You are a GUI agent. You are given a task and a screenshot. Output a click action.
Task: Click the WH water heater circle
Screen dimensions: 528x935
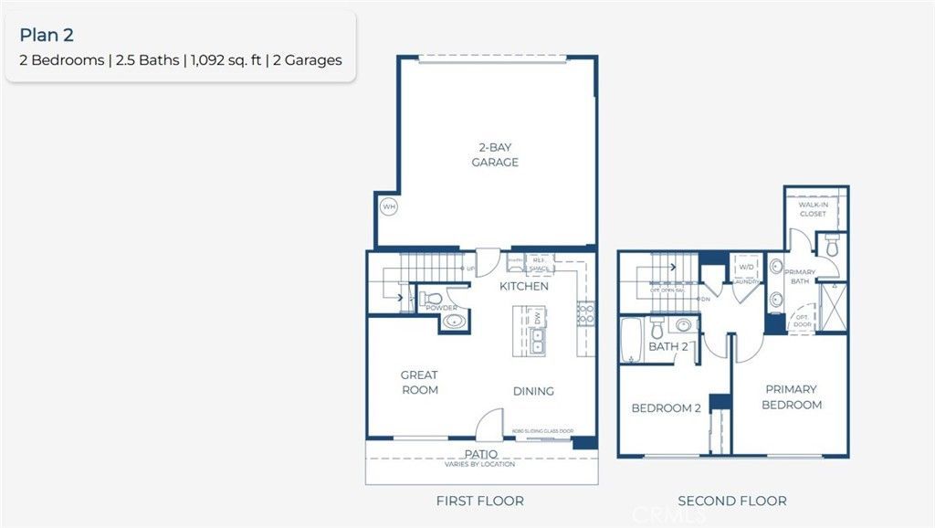coord(389,207)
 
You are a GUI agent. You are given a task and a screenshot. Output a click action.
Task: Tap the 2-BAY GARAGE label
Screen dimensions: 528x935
coord(495,155)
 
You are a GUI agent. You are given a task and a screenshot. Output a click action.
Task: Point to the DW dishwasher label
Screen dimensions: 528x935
coord(538,318)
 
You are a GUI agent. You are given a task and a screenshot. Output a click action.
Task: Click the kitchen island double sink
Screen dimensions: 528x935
coord(538,341)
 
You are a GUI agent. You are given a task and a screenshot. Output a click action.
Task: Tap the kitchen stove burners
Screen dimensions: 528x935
coord(585,315)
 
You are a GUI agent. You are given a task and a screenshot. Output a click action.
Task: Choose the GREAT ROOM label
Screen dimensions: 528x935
coord(419,382)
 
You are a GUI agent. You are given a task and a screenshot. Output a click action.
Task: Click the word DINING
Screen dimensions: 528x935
coord(533,391)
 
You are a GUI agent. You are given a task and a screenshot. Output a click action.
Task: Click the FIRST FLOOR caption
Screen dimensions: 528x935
coord(480,501)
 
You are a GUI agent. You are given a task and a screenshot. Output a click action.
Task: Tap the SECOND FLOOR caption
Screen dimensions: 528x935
coord(731,501)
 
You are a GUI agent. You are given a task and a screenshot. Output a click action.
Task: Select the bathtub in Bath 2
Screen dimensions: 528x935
coord(632,339)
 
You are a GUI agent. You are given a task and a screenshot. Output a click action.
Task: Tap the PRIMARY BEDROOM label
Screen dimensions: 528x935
coord(792,396)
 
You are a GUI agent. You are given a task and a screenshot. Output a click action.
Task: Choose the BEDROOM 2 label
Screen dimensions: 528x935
coord(666,408)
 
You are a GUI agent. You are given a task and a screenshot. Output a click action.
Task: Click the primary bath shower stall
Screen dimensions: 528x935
coord(832,308)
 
